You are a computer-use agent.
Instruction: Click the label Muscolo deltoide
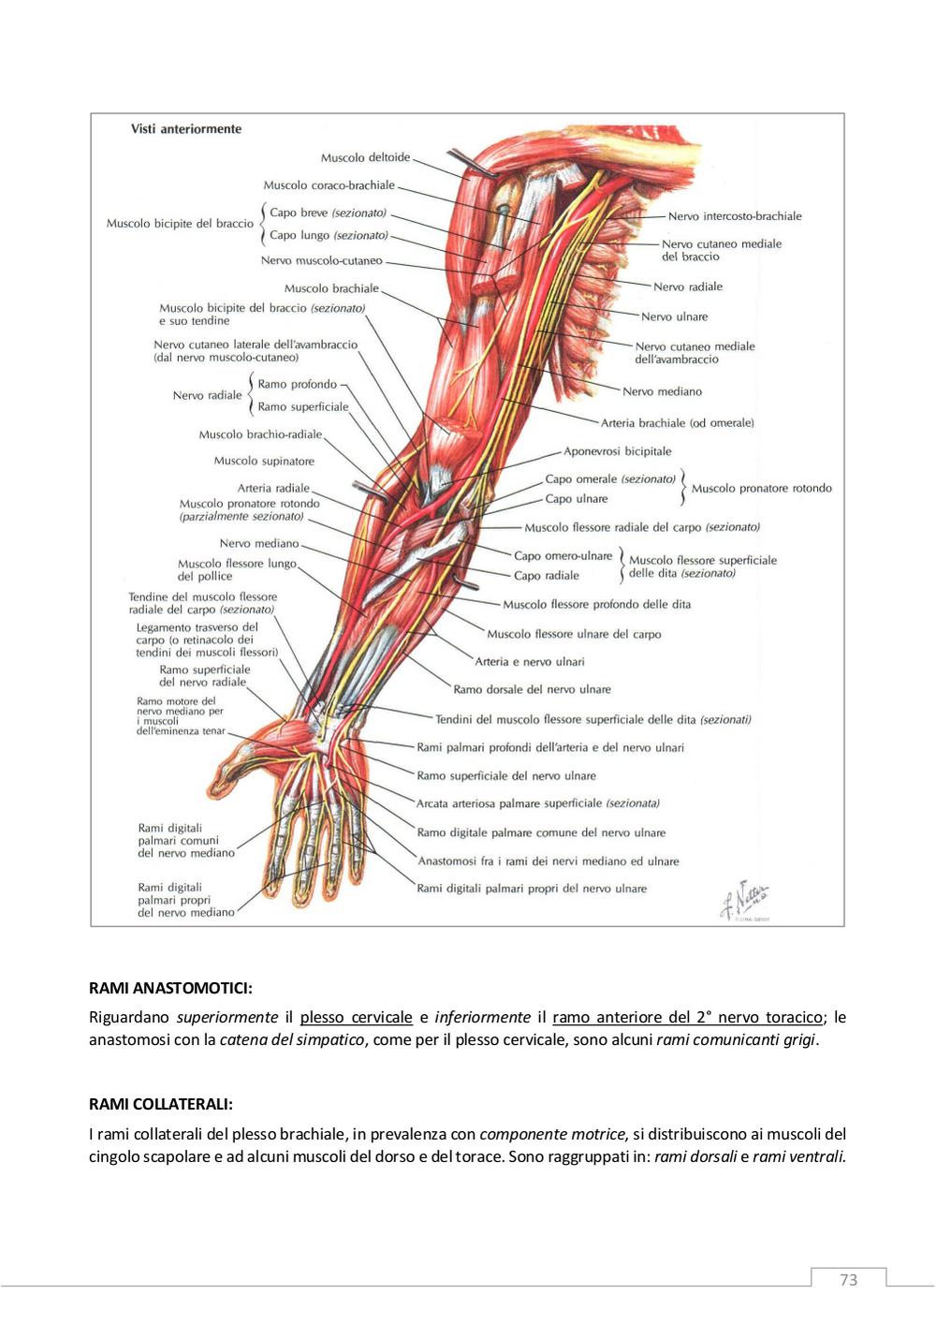click(365, 158)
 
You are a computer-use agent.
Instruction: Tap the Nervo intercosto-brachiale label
click(735, 216)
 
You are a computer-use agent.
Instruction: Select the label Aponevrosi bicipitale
click(618, 451)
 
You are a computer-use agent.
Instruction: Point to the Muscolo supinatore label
click(264, 461)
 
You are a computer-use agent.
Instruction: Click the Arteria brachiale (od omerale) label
click(677, 423)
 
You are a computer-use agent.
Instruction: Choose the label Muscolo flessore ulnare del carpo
click(574, 634)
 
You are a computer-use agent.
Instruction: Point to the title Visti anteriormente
click(186, 129)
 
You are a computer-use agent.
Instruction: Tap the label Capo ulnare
click(577, 499)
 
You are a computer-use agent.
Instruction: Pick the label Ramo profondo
click(298, 385)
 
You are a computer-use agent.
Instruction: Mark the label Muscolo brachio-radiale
click(260, 435)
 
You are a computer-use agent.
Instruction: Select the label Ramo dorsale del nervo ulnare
click(532, 690)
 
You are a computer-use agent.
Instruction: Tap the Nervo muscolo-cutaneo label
click(321, 260)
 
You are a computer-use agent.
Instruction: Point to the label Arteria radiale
click(273, 488)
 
